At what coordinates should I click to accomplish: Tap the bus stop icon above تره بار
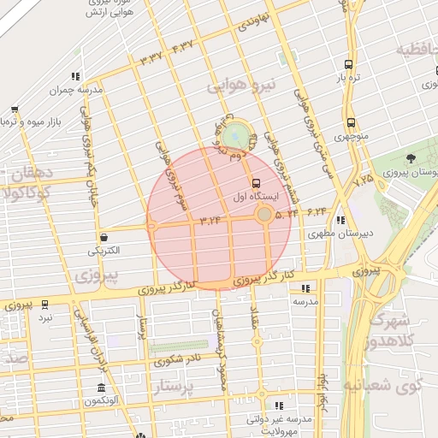point(347,64)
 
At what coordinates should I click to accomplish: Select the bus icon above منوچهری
point(351,122)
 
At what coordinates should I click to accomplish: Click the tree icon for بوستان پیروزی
point(411,158)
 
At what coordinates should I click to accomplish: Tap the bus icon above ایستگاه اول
point(255,183)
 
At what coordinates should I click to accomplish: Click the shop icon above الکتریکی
point(104,238)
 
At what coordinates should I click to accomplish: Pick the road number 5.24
point(287,213)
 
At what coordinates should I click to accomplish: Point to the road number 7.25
point(362,180)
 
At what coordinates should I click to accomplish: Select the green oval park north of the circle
point(234,134)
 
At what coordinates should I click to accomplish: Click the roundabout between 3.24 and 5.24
point(265,214)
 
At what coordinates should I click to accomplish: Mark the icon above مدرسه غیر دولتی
point(278,405)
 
